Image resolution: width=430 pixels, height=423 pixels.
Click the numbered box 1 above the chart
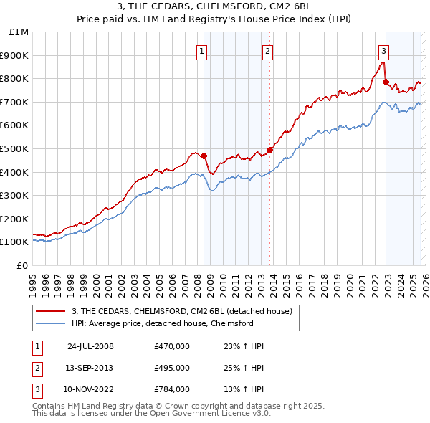[202, 51]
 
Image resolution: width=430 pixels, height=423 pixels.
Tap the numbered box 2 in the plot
[267, 51]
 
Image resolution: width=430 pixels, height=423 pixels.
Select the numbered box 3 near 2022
[383, 51]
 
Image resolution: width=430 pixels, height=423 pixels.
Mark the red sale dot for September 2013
[269, 150]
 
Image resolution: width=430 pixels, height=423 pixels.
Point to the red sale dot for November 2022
[386, 82]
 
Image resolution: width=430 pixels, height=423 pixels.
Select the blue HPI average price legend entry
[162, 323]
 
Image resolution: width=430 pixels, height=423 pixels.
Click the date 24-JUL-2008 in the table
[90, 346]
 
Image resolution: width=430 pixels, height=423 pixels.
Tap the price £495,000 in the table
[172, 368]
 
